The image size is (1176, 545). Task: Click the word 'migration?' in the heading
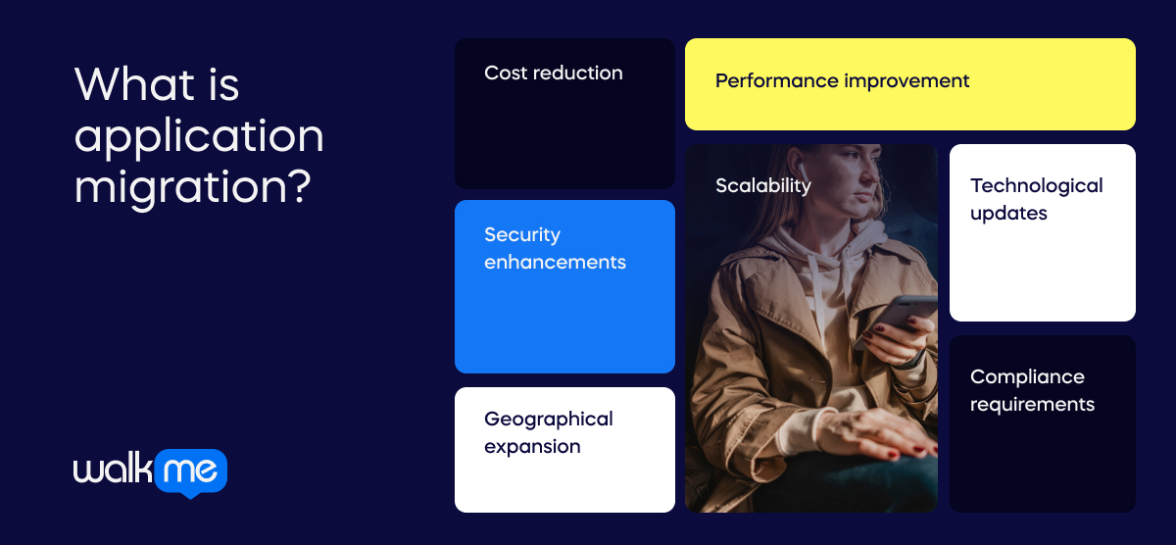click(192, 186)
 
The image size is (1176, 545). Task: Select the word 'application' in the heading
click(199, 137)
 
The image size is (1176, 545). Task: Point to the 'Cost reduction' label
click(554, 74)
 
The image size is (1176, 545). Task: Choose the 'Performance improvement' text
click(842, 81)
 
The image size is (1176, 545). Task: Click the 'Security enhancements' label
click(555, 249)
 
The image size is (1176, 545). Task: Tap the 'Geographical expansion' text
click(549, 433)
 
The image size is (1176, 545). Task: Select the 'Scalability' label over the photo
click(762, 186)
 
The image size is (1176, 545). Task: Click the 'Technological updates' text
click(1036, 199)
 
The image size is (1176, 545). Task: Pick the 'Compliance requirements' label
click(1032, 390)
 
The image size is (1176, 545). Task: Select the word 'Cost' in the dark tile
click(506, 74)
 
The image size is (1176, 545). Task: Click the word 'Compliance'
click(1027, 377)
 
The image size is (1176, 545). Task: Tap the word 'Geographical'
click(549, 420)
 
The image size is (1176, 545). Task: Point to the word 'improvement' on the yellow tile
click(906, 81)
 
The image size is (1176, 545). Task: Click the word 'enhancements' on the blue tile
click(555, 263)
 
